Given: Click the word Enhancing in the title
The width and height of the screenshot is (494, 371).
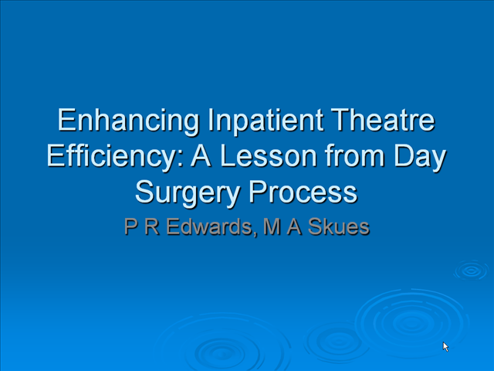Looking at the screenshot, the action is pos(128,121).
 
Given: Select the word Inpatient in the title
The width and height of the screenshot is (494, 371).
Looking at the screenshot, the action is pos(266,121).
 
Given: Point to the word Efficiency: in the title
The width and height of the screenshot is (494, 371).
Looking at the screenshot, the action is pos(115,157).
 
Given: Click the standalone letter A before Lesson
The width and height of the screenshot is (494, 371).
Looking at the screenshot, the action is pos(201,156).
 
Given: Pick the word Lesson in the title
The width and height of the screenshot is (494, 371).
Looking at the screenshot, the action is pos(269,156).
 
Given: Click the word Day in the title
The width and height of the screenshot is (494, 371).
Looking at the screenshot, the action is pos(420,158).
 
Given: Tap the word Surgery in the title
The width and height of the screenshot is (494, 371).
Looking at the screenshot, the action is pos(188,193).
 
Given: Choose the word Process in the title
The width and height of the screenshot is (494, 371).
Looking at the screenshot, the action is pos(303,192).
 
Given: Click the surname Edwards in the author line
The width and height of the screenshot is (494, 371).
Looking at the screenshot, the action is pos(209,226).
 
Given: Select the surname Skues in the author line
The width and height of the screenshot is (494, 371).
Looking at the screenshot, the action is pos(338,226).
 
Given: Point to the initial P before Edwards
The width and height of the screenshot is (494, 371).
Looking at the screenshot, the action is pos(131,226).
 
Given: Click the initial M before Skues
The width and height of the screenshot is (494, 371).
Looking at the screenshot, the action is pos(272,226).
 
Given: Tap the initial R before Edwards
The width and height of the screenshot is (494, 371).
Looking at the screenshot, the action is pos(152,226).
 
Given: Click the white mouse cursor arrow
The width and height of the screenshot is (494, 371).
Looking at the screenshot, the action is pos(445,346).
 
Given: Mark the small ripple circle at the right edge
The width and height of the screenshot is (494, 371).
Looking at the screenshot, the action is pos(471,271).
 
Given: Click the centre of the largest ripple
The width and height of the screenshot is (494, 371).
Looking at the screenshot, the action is pos(411,323).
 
